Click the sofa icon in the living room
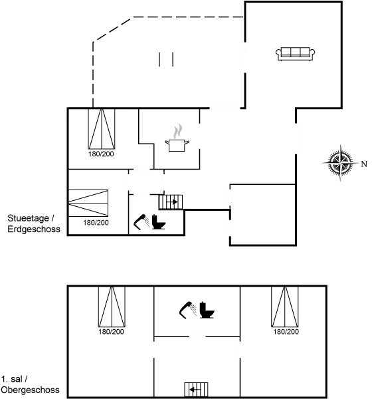(x=295, y=54)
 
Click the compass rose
(x=341, y=163)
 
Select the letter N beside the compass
(x=364, y=164)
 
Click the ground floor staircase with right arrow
(x=171, y=202)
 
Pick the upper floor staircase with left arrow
(x=196, y=389)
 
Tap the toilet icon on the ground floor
(x=159, y=222)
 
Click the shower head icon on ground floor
(x=141, y=222)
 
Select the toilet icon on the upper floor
(x=207, y=310)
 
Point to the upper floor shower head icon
(x=188, y=310)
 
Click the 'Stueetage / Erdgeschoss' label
(x=34, y=223)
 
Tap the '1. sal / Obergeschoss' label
(x=30, y=384)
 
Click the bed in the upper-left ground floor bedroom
(x=102, y=129)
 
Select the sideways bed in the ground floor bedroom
(x=88, y=203)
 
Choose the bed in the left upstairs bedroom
(x=112, y=307)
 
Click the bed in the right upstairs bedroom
(x=284, y=307)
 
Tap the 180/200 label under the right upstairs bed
(x=286, y=332)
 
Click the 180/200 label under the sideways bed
(x=96, y=223)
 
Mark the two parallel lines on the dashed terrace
(x=166, y=60)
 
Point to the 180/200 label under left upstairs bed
(x=112, y=332)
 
